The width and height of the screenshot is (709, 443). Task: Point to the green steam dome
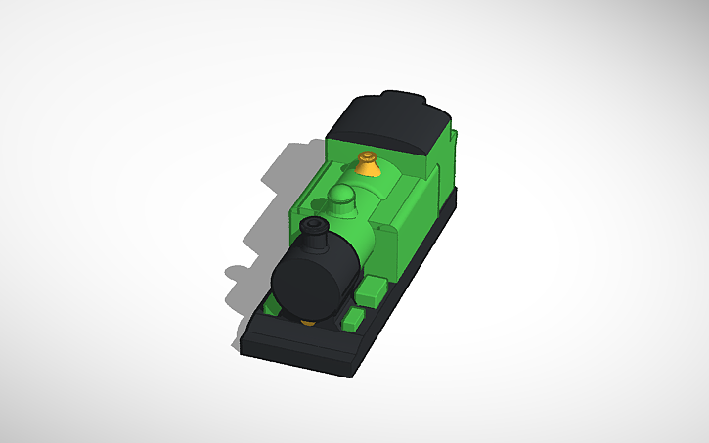[342, 200]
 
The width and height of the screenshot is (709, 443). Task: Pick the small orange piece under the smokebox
[307, 321]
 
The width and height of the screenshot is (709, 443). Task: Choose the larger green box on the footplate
[372, 289]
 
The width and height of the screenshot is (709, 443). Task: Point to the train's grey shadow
[264, 225]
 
